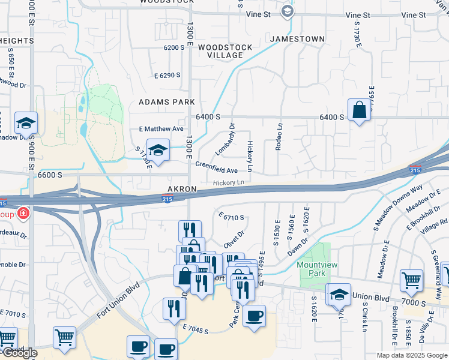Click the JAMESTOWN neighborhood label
297,39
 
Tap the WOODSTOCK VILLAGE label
220,51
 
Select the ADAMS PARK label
167,102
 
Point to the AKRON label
182,189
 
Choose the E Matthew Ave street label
161,129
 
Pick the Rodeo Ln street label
279,137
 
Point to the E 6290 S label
167,76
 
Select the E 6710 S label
231,217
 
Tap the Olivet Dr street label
234,238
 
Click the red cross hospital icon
23,213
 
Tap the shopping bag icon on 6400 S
359,110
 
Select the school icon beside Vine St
288,10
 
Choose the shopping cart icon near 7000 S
412,280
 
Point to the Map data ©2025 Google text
412,355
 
